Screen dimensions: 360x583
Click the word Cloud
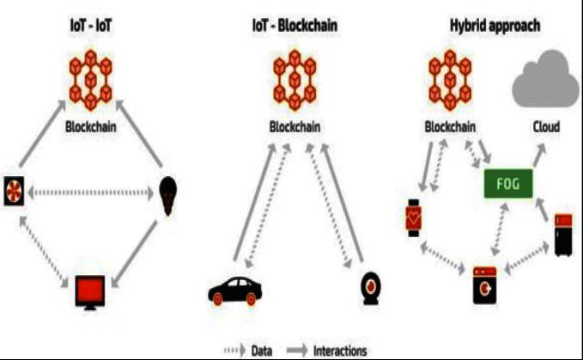pos(545,127)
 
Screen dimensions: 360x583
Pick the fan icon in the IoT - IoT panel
pos(15,193)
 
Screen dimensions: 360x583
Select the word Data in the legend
pos(262,351)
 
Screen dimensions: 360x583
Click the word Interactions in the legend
pos(340,351)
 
